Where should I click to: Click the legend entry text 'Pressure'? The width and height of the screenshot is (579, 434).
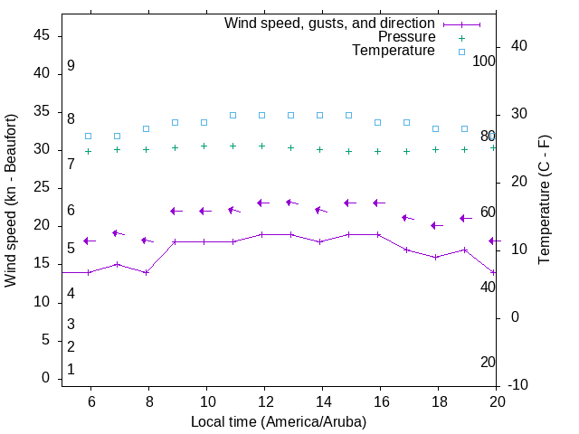pos(406,37)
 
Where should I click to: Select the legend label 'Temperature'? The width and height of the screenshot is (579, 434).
pos(394,51)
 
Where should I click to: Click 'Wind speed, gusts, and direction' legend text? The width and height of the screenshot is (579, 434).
pos(330,24)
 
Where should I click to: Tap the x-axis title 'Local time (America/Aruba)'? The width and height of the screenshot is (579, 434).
pos(279,421)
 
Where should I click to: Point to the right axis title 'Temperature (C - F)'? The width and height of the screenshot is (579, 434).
pos(544,201)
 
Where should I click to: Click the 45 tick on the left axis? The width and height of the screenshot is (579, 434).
pos(41,35)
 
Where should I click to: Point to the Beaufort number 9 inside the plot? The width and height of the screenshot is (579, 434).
pos(71,66)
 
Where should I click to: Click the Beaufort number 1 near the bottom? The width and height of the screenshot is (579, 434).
pos(71,369)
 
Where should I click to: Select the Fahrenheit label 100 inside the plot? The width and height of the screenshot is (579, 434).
pos(484,61)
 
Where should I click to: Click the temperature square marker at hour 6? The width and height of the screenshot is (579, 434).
pos(88,136)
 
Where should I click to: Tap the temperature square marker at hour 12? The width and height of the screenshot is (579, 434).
pos(261,115)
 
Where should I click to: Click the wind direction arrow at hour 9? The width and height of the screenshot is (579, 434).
pos(176,211)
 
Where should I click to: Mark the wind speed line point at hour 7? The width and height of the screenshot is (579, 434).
pos(117,264)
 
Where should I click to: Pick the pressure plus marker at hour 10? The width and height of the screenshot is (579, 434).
pos(204,146)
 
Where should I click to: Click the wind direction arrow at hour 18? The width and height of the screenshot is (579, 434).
pos(437,225)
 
